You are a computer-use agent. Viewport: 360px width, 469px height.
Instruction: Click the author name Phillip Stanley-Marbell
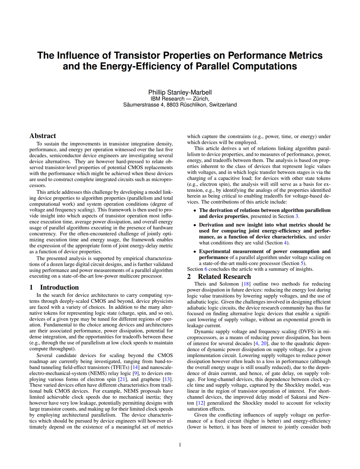180,92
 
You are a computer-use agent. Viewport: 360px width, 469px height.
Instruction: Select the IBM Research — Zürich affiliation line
180,99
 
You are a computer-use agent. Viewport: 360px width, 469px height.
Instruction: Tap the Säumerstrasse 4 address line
180,105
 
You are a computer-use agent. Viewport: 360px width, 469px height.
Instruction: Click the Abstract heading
43,136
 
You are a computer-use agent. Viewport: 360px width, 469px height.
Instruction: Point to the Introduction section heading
59,287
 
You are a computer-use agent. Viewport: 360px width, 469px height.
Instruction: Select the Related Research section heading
224,277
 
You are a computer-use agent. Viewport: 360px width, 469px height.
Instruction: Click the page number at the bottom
180,445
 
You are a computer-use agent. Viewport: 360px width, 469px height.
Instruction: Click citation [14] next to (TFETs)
135,367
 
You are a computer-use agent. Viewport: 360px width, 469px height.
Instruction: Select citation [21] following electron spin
123,379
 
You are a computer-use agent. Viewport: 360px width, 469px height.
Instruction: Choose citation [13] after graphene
167,379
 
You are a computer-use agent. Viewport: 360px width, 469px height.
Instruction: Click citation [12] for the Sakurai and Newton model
200,403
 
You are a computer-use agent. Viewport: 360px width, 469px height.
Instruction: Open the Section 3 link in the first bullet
297,216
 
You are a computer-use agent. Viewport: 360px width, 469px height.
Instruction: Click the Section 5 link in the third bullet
302,263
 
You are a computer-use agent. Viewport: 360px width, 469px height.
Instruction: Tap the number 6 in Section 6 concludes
206,269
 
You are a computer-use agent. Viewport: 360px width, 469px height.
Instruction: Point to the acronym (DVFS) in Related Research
307,331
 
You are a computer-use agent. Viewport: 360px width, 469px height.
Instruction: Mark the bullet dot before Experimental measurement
195,252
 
